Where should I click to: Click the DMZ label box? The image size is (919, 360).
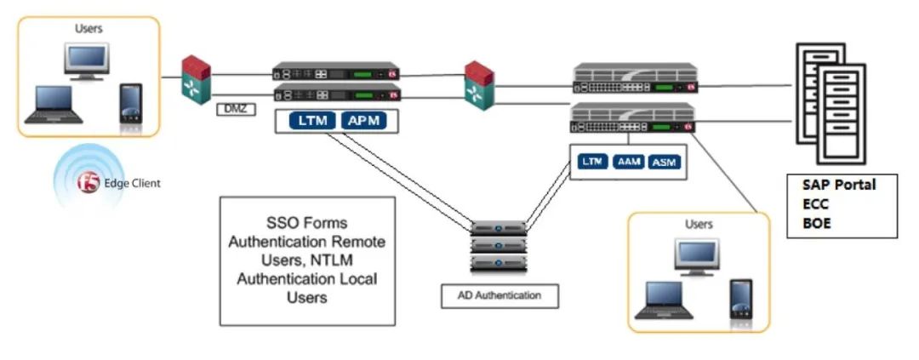coord(231,109)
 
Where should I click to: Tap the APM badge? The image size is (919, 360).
coord(363,123)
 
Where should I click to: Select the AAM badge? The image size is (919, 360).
coord(629,162)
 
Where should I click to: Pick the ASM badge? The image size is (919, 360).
coord(665,162)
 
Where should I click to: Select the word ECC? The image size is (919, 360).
coord(816,203)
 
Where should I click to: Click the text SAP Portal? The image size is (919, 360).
coord(837,185)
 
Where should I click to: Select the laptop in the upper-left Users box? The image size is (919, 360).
coord(57,104)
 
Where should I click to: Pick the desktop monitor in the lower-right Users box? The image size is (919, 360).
coord(696,256)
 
